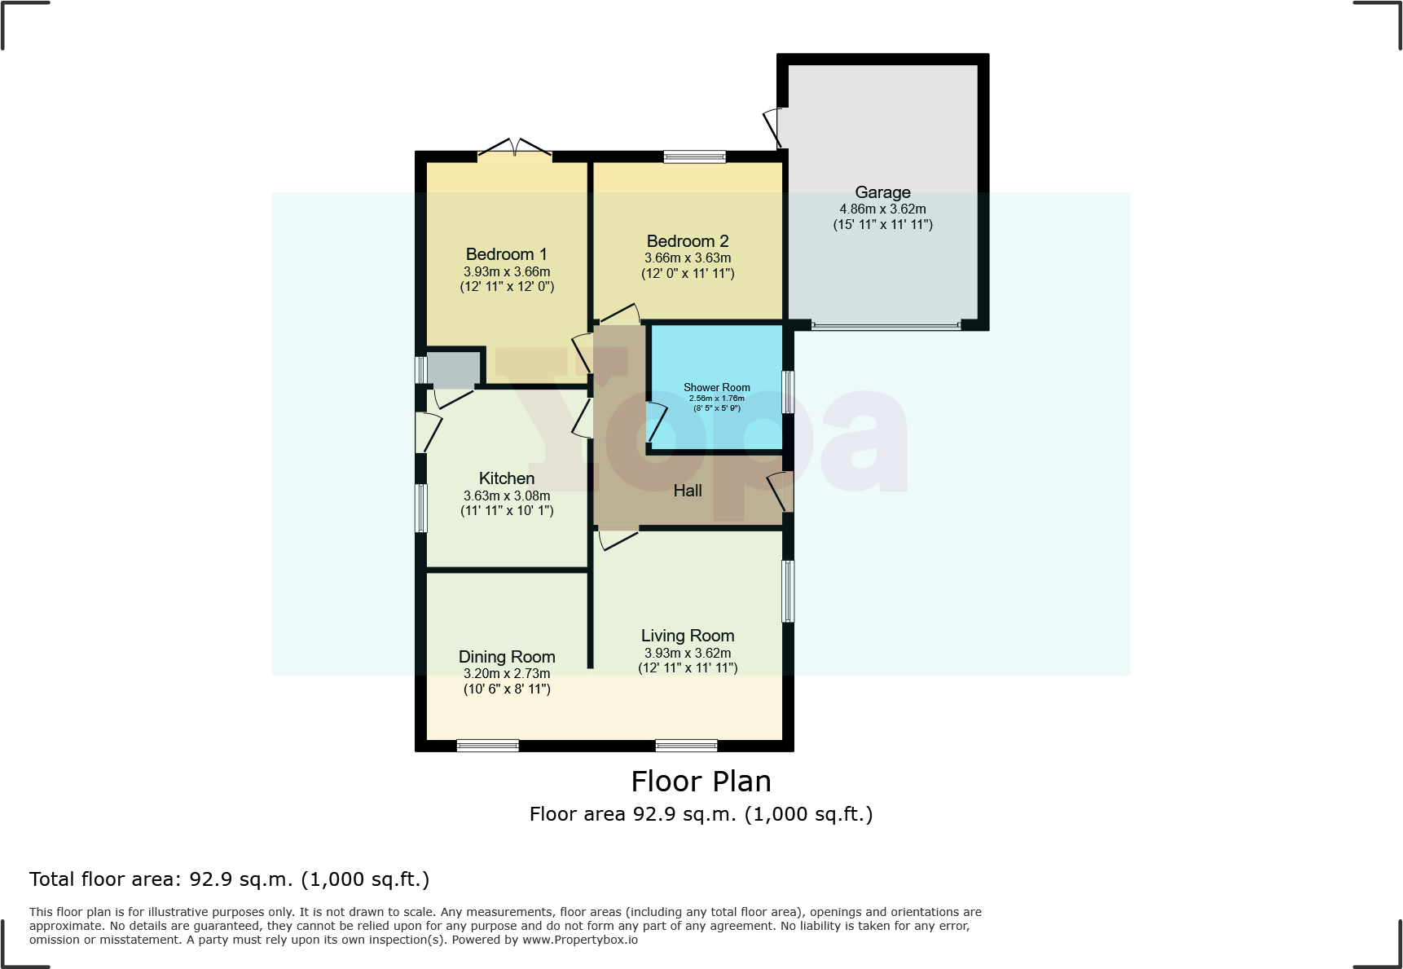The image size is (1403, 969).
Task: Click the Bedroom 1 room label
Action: click(x=506, y=254)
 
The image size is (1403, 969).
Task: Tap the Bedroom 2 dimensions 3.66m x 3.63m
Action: click(x=688, y=258)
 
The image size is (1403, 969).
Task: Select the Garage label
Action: click(x=882, y=192)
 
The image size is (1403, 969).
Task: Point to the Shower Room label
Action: click(x=716, y=388)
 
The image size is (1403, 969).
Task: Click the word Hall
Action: click(x=688, y=491)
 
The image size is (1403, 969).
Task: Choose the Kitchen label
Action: click(x=506, y=478)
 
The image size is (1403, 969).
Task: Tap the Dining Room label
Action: click(x=506, y=657)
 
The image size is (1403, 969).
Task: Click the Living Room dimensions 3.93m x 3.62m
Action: click(x=688, y=653)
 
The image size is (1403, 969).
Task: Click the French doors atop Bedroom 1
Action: click(x=515, y=149)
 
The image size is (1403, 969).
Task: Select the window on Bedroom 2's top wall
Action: click(x=694, y=157)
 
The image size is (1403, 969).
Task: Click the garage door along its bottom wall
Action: click(x=886, y=326)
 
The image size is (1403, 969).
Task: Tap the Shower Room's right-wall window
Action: click(x=788, y=392)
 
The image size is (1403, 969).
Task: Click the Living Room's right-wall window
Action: click(x=788, y=592)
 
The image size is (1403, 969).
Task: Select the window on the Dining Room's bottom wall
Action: click(x=487, y=745)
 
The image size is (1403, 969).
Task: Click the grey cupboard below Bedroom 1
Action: click(x=454, y=369)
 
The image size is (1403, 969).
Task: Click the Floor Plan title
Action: click(x=701, y=782)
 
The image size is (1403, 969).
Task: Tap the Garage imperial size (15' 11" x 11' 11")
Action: click(x=882, y=224)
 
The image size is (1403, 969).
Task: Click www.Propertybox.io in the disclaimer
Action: click(x=579, y=940)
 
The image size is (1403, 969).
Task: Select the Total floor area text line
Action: click(x=229, y=879)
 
